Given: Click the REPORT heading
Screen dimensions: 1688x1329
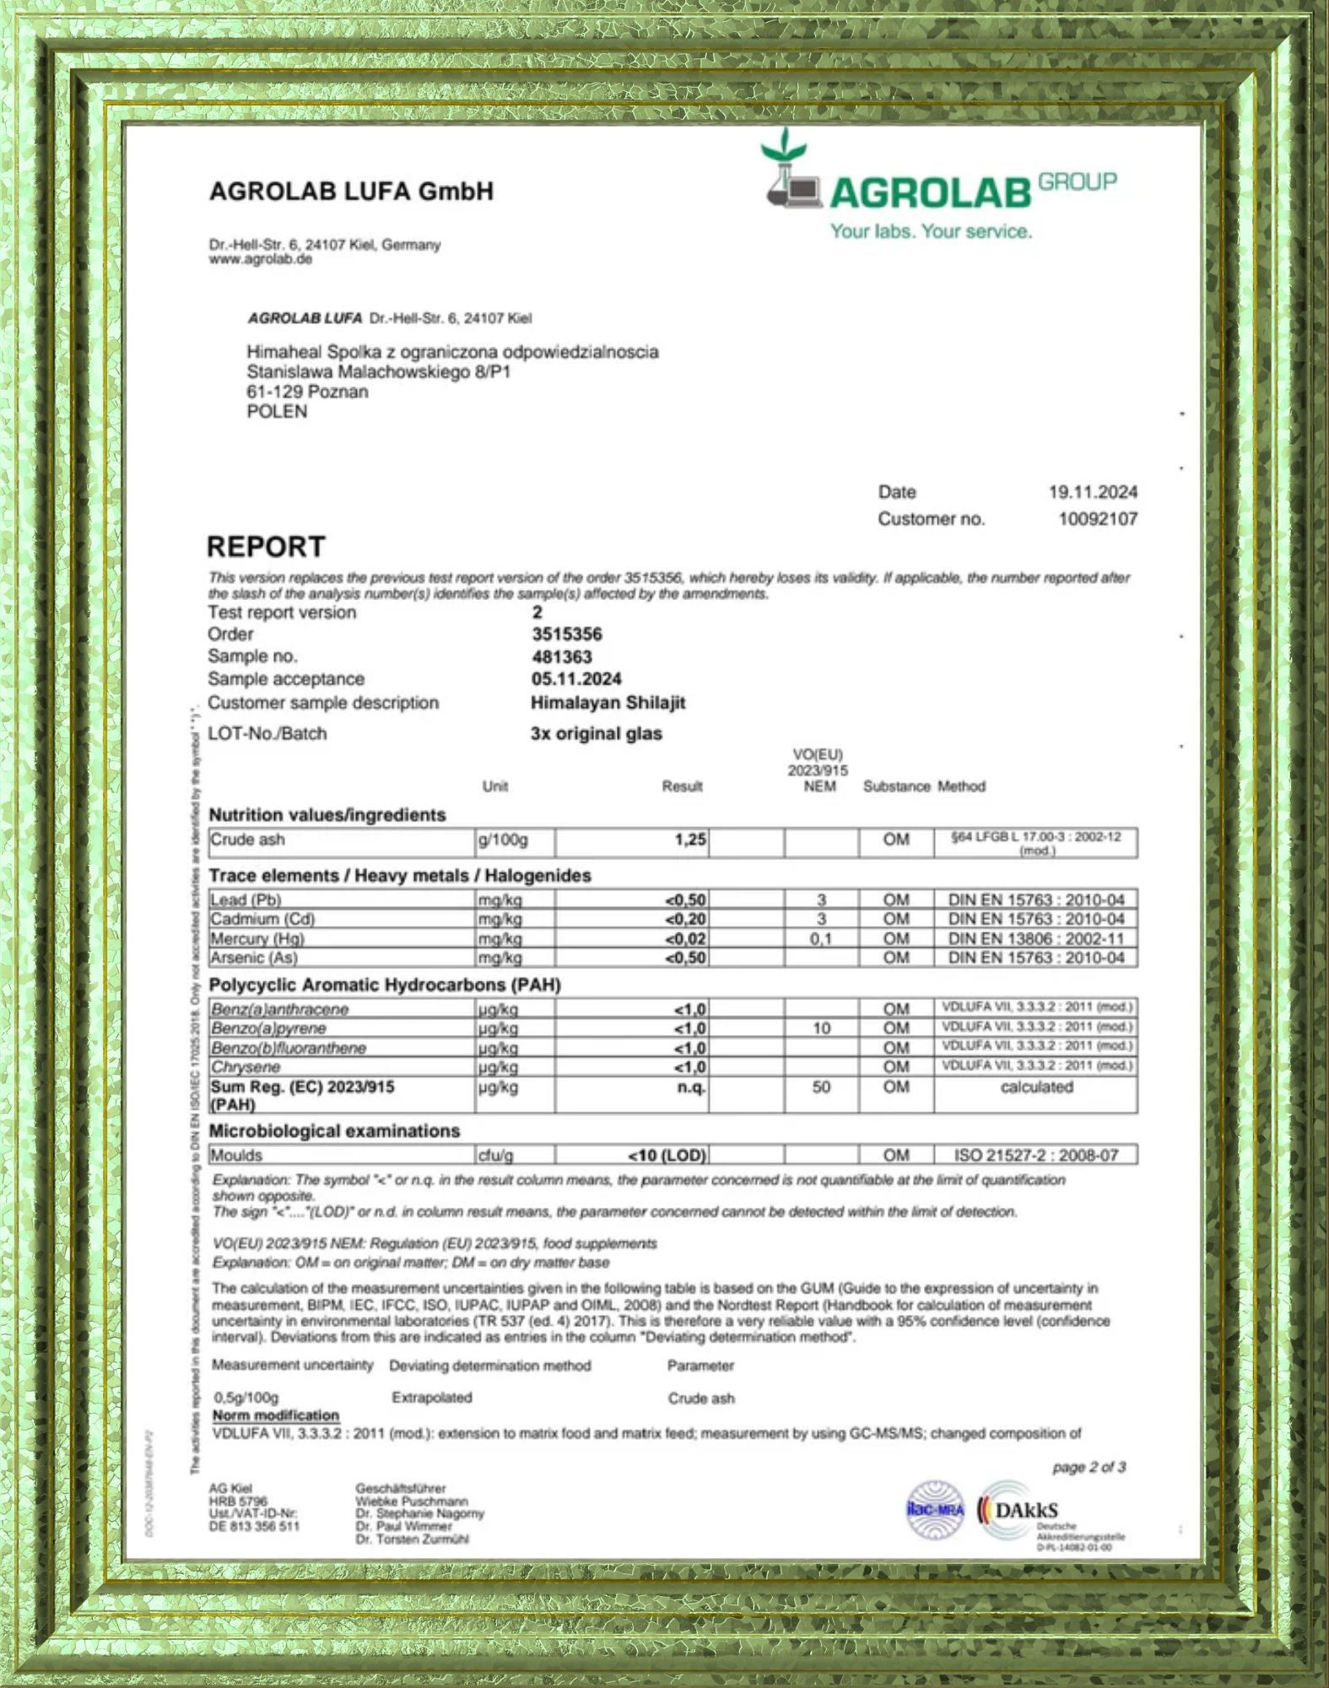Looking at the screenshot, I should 266,547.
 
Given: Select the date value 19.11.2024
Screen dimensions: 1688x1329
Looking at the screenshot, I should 1093,492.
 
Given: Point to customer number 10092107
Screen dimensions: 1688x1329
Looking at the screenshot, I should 1098,519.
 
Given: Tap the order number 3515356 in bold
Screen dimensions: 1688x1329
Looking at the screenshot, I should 567,635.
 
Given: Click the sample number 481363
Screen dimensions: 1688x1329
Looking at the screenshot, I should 562,657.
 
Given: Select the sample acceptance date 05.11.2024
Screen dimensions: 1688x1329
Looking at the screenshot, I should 576,679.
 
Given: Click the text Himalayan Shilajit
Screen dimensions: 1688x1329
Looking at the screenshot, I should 608,703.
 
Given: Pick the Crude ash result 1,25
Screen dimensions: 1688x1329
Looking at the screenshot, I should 690,840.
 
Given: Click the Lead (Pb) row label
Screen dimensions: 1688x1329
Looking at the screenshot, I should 246,900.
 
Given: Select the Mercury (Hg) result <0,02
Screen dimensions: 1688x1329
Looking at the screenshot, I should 686,939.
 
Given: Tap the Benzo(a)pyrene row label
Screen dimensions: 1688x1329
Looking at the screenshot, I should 268,1029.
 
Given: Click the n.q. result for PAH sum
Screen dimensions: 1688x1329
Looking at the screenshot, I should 692,1087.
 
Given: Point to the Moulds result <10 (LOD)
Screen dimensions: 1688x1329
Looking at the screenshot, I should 667,1155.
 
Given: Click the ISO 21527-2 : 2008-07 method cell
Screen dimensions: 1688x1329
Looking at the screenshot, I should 1036,1155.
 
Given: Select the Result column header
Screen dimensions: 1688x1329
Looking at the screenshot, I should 682,787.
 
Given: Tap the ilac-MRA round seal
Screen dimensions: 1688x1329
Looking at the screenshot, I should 935,1511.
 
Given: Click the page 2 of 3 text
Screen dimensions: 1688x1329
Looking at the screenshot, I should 1089,1468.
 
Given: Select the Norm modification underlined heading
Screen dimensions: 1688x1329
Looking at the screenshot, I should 275,1415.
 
